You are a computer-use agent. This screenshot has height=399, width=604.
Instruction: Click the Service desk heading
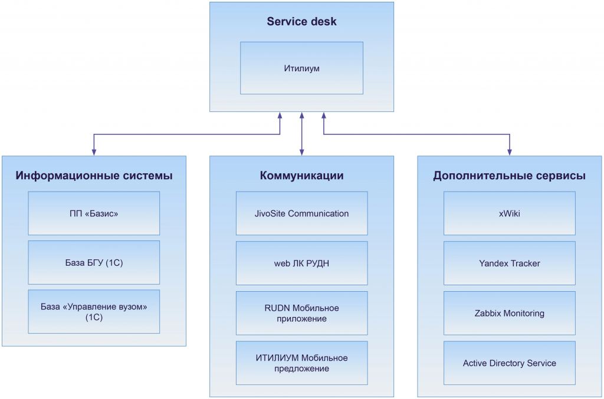coord(301,22)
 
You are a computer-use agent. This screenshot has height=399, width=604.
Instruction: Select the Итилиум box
coord(301,68)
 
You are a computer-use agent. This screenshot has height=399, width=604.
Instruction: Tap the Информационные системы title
coord(94,176)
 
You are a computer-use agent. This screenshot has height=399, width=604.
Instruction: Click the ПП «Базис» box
coord(94,213)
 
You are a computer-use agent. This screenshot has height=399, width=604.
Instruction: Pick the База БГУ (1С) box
coord(94,263)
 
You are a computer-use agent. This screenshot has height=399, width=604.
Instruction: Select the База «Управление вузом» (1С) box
coord(94,312)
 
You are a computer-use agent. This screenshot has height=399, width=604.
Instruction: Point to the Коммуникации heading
coord(301,176)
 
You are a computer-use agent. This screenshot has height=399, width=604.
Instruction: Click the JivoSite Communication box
coord(301,213)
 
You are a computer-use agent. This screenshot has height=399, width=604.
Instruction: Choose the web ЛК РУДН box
coord(301,263)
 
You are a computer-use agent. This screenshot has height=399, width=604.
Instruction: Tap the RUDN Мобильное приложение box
coord(301,313)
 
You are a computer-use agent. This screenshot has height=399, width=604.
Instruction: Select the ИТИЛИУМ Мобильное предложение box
coord(301,363)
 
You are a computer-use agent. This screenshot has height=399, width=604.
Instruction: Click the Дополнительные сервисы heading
coord(509,176)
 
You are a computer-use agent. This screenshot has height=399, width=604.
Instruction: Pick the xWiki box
coord(509,213)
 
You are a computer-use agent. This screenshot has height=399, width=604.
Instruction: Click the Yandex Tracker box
coord(509,263)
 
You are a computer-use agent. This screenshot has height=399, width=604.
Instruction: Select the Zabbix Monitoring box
coord(509,314)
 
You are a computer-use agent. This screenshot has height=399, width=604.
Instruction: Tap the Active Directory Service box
coord(509,363)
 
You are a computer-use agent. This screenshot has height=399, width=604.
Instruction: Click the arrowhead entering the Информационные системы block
coord(94,152)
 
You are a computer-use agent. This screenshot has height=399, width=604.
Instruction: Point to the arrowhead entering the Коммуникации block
coord(301,152)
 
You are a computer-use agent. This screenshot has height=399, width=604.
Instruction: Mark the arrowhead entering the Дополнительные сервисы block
coord(510,152)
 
